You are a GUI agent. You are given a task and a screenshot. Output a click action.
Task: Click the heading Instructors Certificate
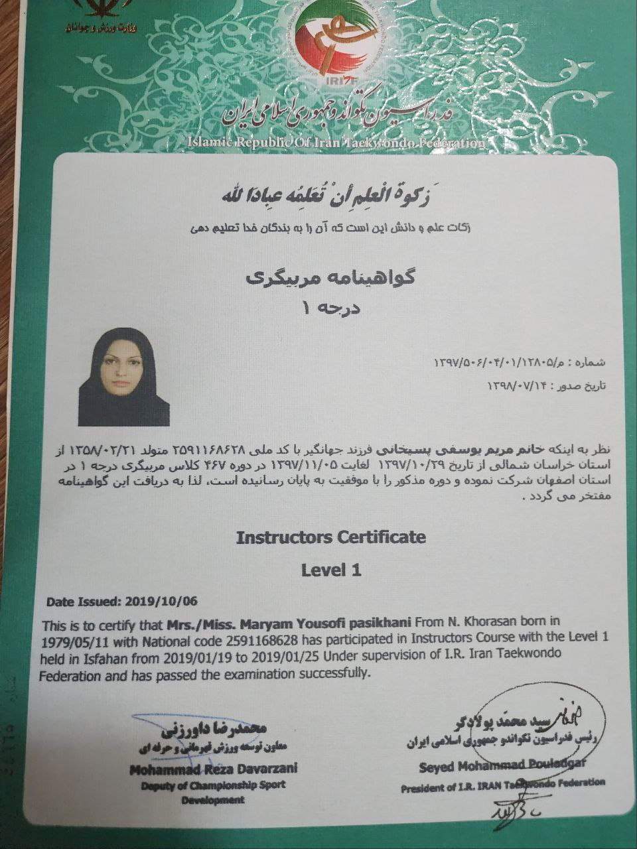click(x=330, y=537)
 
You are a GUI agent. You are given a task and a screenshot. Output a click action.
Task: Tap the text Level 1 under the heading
click(x=330, y=570)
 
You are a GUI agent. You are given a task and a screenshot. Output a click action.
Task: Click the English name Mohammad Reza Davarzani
click(x=214, y=769)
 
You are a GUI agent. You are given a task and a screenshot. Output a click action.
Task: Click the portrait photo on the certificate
click(x=123, y=377)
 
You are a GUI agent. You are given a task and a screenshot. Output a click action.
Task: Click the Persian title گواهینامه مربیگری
click(x=329, y=278)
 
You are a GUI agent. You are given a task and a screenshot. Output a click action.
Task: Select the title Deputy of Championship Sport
click(x=213, y=785)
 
